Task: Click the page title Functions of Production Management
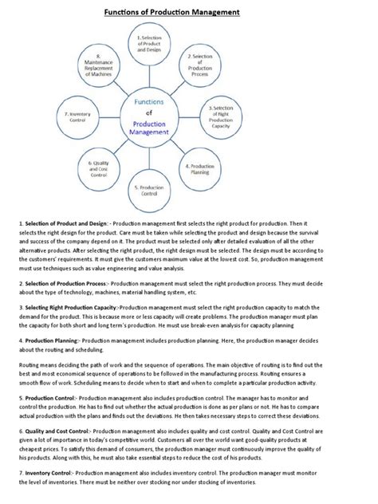pyautogui.click(x=189, y=12)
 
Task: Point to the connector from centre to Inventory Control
pyautogui.click(x=110, y=117)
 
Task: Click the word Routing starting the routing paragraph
pyautogui.click(x=14, y=359)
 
